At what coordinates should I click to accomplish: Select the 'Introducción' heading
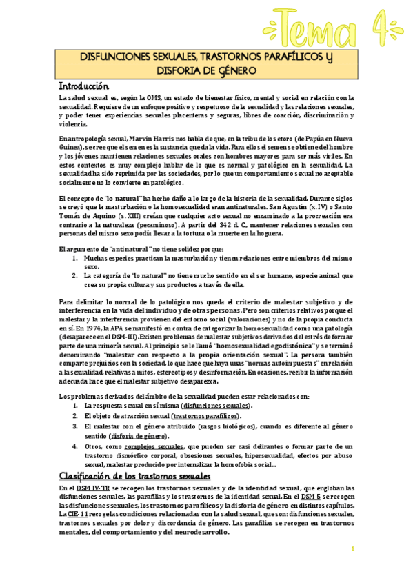coord(84,86)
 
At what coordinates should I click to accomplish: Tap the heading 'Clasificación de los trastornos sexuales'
coord(134,477)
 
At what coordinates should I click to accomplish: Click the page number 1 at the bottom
coord(352,549)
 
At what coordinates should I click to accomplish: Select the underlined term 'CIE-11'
coord(77,515)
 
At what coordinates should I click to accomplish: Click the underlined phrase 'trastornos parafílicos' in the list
coord(205,417)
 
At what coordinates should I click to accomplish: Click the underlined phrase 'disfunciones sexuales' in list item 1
coord(216,406)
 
